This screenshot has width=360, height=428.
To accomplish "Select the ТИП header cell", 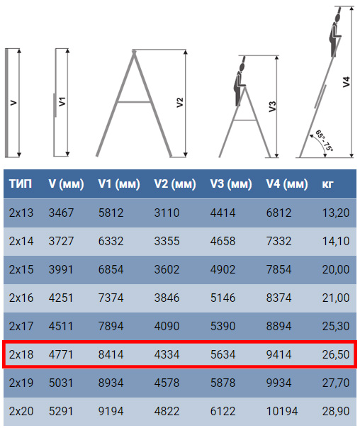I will (20, 184).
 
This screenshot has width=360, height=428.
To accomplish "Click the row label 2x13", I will (21, 212).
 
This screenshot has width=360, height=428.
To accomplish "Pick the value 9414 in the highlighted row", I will (279, 354).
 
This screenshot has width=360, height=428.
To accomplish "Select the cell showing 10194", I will (283, 411).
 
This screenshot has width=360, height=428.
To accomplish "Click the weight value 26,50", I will (335, 354).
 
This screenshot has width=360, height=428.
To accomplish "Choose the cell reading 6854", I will (111, 269).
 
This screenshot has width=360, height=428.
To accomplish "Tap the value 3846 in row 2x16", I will (167, 298).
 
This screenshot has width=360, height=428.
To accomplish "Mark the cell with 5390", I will (223, 326).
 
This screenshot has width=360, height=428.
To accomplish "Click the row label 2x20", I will (21, 411).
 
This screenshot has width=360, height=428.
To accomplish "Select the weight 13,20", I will (335, 212).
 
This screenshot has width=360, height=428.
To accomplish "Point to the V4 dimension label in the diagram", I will (346, 82).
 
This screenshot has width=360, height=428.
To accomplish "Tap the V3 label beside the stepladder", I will (272, 106).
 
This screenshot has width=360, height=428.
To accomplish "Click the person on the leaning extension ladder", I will (335, 32).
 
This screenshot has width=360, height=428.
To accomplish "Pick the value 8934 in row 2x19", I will (111, 383).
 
